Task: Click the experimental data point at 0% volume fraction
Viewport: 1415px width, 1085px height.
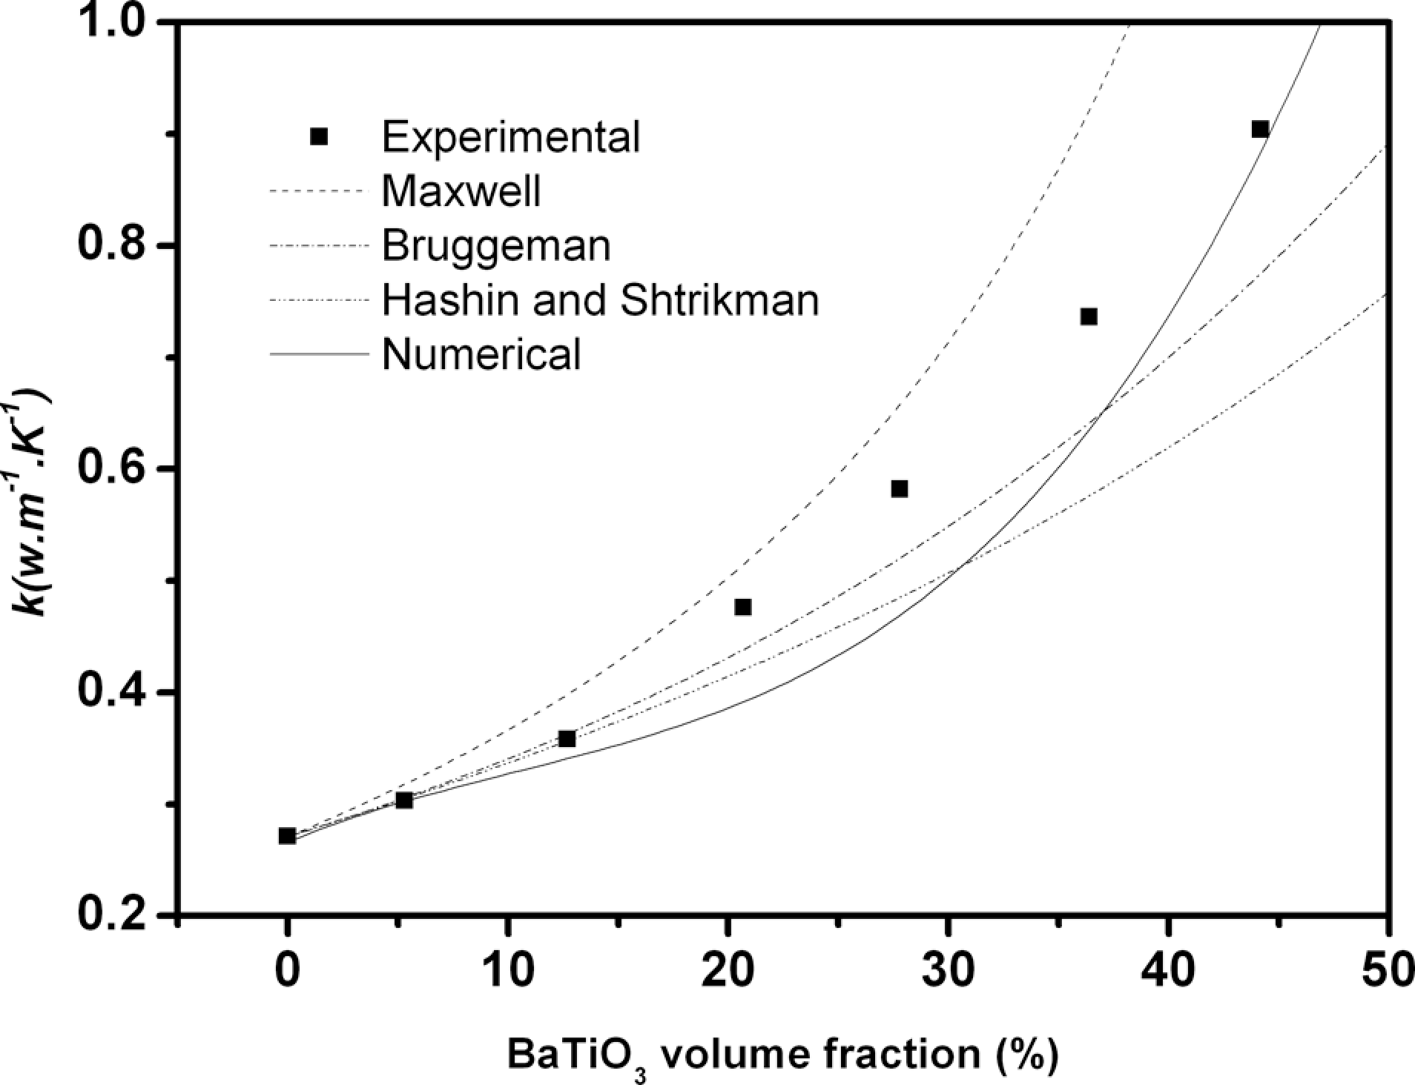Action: click(x=287, y=836)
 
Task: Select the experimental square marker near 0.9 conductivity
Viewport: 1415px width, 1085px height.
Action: click(x=1260, y=129)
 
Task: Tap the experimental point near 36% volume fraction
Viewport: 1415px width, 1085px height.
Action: click(x=1089, y=316)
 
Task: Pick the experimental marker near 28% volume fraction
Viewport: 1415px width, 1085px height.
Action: click(x=900, y=488)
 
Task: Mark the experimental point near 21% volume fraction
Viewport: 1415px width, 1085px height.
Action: click(x=743, y=607)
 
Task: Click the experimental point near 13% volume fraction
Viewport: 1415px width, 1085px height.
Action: click(x=567, y=739)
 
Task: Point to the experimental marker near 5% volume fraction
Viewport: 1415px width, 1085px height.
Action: click(x=404, y=800)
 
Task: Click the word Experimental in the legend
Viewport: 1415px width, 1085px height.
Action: click(x=511, y=136)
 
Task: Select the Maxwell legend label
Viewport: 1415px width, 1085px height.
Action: click(x=461, y=190)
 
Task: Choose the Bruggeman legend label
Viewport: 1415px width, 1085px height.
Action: click(x=496, y=245)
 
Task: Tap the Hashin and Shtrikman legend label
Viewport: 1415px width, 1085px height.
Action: click(x=600, y=300)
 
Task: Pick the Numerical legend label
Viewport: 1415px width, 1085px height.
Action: click(x=481, y=354)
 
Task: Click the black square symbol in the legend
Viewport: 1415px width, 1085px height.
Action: click(x=319, y=136)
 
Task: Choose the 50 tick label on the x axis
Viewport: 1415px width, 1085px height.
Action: click(x=1385, y=970)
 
